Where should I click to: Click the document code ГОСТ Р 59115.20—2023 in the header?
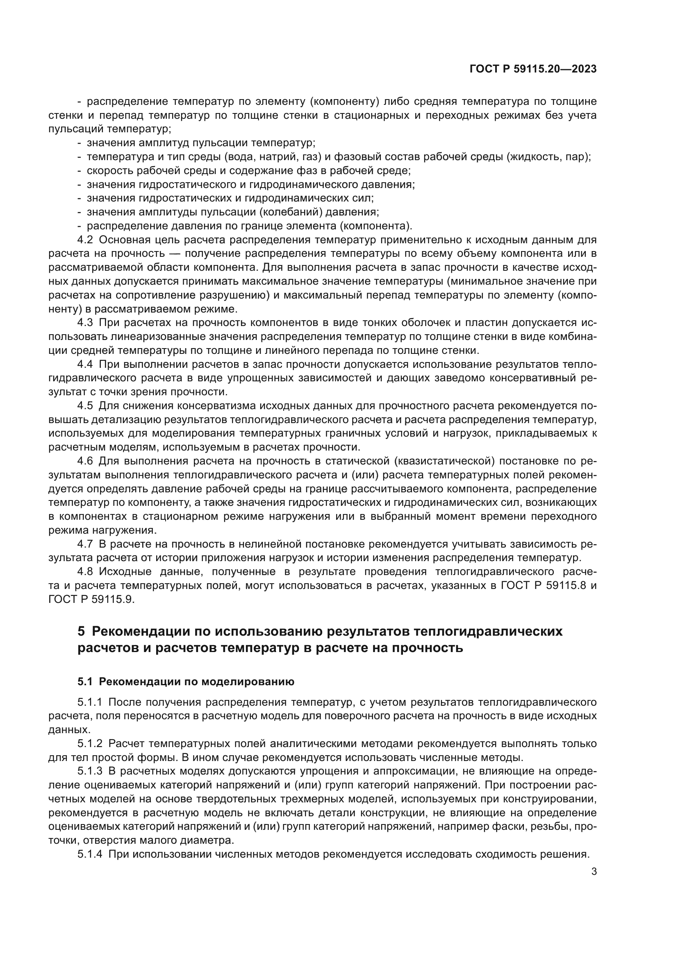click(x=533, y=69)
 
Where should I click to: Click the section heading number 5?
click(x=82, y=631)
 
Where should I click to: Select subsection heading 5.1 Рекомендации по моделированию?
click(x=186, y=682)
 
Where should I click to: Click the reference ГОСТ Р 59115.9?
click(x=92, y=599)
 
